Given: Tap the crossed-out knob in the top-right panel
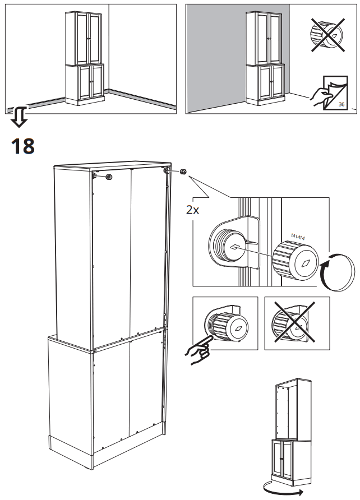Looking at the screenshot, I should point(326,34).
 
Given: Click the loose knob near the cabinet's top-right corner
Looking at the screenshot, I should point(183,173).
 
